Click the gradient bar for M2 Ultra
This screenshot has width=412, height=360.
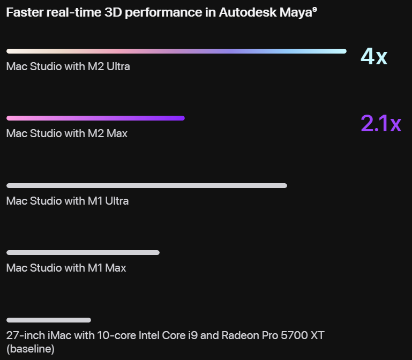(176, 51)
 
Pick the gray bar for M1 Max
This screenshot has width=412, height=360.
(83, 252)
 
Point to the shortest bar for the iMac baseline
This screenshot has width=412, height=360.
(49, 320)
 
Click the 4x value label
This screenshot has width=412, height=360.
(374, 56)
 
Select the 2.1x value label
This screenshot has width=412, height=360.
(381, 123)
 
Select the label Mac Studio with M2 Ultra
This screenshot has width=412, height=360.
(68, 66)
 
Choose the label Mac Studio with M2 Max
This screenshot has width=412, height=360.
(67, 133)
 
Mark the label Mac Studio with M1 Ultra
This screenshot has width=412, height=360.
(68, 201)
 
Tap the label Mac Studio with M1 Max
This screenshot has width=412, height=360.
(66, 268)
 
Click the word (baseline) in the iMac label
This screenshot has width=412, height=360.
(31, 349)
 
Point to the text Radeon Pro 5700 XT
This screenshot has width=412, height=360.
(272, 336)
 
